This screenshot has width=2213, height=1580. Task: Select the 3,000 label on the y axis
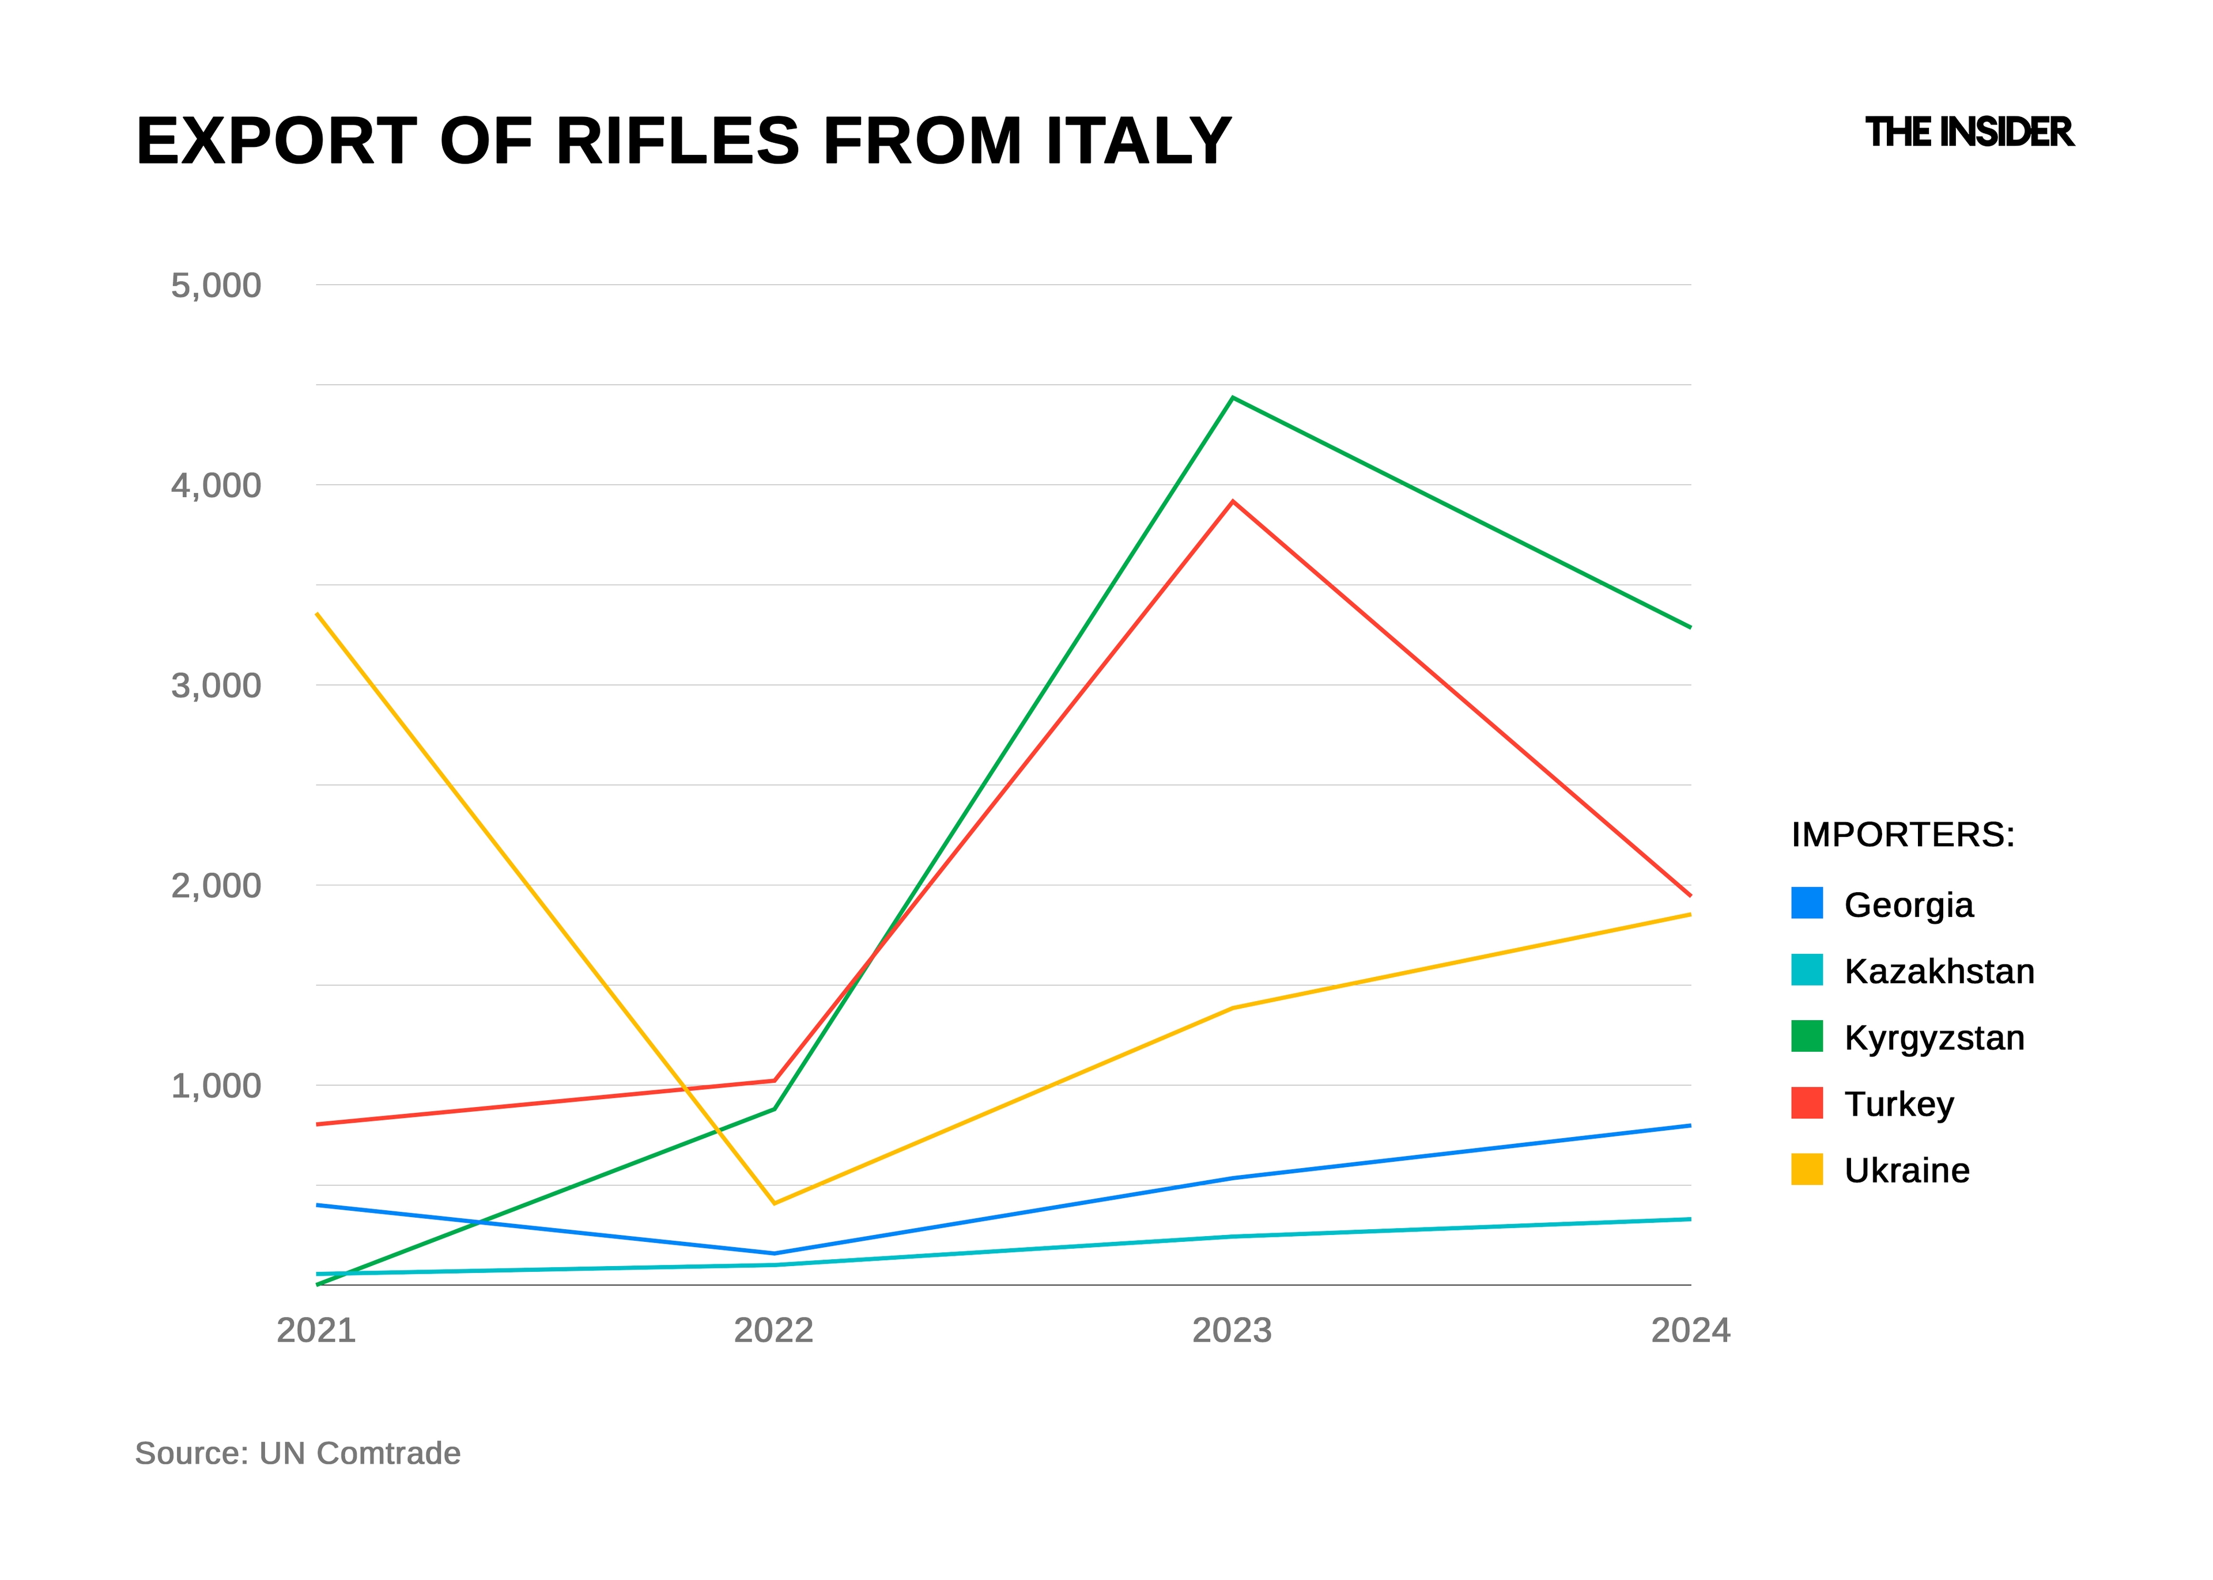pos(216,685)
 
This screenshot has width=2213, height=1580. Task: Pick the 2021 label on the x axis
pos(316,1330)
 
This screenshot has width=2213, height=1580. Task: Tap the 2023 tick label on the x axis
pos(1232,1330)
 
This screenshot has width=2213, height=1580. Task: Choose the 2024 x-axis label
pos(1690,1330)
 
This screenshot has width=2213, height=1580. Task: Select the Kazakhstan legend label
pos(1939,971)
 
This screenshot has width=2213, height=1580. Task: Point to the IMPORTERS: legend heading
pos(1902,835)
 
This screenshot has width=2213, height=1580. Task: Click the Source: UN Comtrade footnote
pos(298,1453)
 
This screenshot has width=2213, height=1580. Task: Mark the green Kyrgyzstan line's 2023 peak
pos(1233,398)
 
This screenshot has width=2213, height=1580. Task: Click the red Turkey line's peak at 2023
pos(1233,502)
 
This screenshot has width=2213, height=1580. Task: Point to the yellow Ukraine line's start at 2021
pos(318,614)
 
